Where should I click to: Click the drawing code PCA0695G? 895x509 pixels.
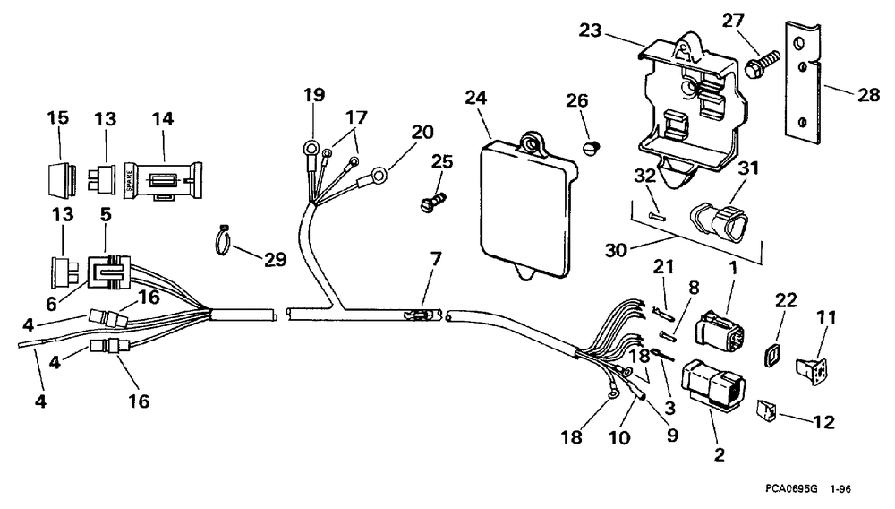point(791,490)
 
